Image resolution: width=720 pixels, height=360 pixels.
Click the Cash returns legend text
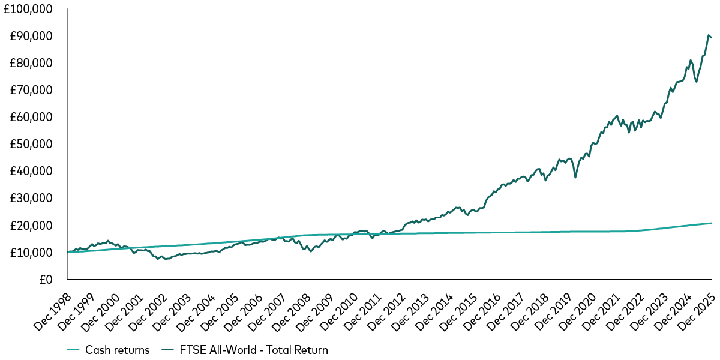(x=118, y=350)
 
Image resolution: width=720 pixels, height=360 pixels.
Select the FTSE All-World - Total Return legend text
(x=249, y=350)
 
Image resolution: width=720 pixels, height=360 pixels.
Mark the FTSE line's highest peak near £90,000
(x=709, y=35)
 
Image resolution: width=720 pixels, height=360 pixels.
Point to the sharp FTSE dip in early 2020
(x=575, y=178)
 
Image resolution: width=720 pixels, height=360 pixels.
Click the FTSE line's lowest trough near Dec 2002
(x=166, y=259)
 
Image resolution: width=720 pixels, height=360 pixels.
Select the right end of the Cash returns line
(x=712, y=223)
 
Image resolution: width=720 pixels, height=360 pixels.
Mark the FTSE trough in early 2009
(x=310, y=251)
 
